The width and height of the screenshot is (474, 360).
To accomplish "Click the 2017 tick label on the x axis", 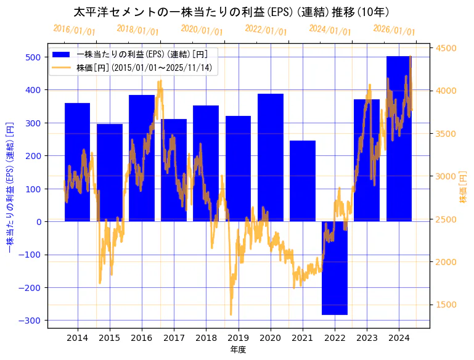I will (x=174, y=338).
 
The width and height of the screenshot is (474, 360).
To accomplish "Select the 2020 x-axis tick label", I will (x=271, y=338).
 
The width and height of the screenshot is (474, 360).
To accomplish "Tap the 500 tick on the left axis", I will (x=33, y=57).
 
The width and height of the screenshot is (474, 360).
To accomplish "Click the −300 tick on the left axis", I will (x=31, y=321).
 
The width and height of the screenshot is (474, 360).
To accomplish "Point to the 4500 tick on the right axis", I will (x=447, y=48).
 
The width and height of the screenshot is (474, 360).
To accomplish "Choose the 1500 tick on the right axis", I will (x=447, y=305).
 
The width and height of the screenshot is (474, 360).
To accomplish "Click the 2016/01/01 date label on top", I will (x=74, y=30).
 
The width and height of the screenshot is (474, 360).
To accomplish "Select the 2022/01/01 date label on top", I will (x=266, y=30).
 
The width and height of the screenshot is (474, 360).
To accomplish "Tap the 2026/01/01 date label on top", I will (x=394, y=30).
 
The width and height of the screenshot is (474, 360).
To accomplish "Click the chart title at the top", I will (x=231, y=12).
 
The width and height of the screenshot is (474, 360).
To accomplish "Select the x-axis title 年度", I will (x=238, y=350).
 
